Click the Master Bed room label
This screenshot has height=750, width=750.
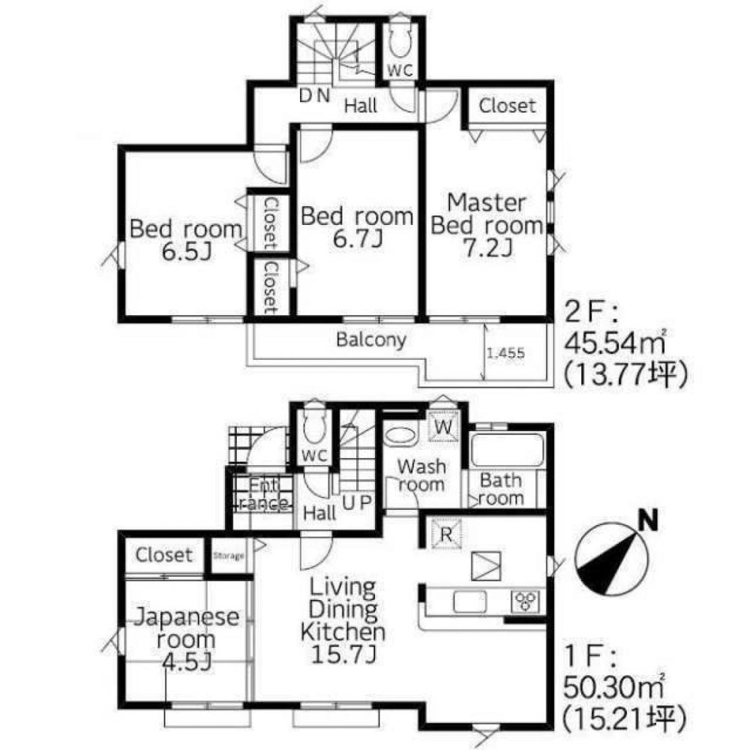coord(487,214)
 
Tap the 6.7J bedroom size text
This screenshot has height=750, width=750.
coord(358,238)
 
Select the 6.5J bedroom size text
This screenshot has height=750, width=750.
coord(187,251)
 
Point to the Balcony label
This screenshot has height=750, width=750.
coord(371,340)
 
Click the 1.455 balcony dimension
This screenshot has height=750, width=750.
coord(505,353)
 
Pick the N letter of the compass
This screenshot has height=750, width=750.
coord(648,520)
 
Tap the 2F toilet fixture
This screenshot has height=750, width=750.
coord(400,41)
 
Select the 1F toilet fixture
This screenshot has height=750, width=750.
coord(314,427)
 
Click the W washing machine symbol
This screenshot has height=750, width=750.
coord(443,426)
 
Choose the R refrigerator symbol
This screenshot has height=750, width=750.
coord(445,534)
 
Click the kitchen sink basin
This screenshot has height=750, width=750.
coord(469,601)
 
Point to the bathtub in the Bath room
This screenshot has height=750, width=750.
coord(507,449)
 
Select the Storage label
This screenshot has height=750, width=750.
coord(229,556)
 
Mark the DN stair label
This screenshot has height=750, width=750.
coord(315,96)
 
